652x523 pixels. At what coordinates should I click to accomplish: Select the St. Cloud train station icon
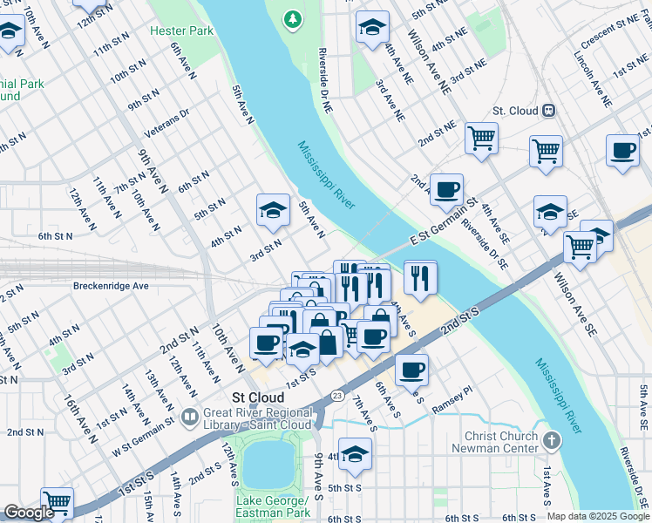(x=549, y=111)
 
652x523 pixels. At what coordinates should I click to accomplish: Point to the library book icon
(x=191, y=418)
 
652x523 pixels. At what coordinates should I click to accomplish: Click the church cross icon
(x=549, y=441)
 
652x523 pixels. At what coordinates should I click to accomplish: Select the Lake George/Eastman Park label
(x=272, y=506)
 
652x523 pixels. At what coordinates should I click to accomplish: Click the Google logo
(x=29, y=513)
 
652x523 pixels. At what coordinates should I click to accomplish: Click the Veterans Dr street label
(x=166, y=124)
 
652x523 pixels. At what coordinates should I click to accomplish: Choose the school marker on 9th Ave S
(x=355, y=454)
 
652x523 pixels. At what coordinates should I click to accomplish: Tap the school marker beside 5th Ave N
(x=273, y=210)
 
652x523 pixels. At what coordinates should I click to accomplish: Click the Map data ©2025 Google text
(x=597, y=516)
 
